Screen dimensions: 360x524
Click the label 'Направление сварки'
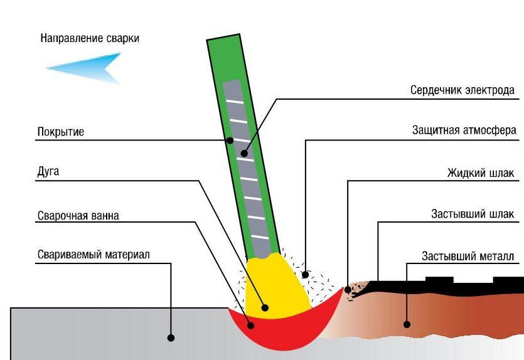point(90,38)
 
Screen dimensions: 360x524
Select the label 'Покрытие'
point(60,132)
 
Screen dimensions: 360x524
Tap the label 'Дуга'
point(48,172)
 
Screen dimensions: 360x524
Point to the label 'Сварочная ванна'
point(78,216)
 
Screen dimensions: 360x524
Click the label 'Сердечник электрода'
point(463,90)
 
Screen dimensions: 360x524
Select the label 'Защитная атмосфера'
point(464,131)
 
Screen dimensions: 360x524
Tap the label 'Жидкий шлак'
point(481,173)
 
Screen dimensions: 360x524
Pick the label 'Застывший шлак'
point(472,214)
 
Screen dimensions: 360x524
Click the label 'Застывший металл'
point(468,257)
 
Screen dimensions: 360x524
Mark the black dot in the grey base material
point(171,337)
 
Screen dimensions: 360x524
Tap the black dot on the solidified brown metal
point(407,324)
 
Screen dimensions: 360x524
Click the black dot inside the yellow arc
point(265,307)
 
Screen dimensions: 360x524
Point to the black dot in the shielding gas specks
point(306,273)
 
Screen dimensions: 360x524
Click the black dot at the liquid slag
point(348,289)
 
